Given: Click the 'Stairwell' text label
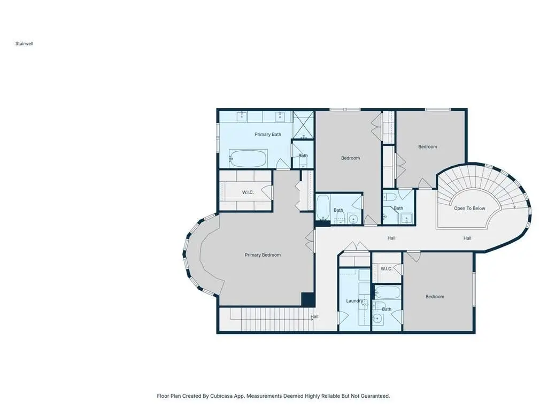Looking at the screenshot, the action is point(25,44).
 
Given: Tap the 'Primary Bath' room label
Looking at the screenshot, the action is point(267,134).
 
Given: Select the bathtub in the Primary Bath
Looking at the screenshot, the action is point(248,158).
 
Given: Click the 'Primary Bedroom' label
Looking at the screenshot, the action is point(263,255).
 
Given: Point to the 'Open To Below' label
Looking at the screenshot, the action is point(469,208).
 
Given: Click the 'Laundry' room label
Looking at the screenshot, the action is point(355,301).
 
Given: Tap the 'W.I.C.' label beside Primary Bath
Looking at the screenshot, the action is point(248,192).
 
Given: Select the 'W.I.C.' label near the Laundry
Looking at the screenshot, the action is point(386,269).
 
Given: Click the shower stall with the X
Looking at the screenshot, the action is point(303,125).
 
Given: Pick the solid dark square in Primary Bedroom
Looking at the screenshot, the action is point(308,299).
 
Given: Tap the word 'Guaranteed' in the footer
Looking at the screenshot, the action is point(375,396).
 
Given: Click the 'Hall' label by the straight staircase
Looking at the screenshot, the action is point(314,316).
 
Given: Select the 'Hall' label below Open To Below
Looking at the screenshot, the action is point(467,238).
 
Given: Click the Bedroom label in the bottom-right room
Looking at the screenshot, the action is point(435,297).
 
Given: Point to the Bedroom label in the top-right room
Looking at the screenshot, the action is point(428,147).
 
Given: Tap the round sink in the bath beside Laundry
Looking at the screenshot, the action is point(377,319).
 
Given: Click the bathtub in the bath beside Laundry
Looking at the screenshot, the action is point(388,292).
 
